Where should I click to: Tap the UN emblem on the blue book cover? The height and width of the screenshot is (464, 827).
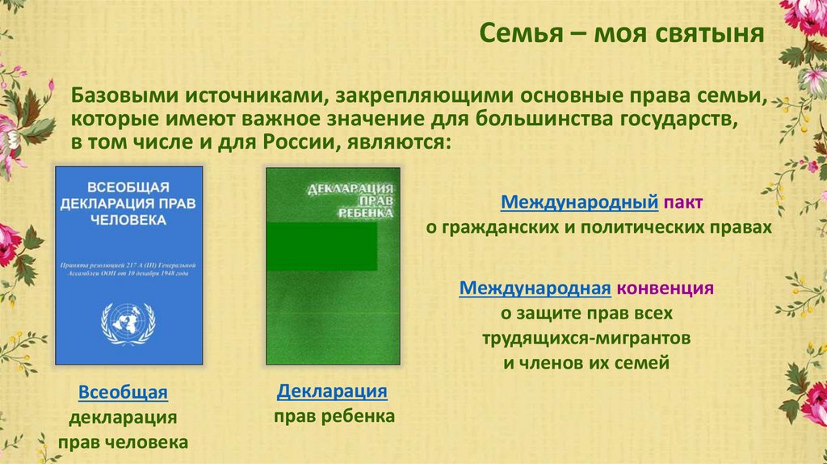click(128, 323)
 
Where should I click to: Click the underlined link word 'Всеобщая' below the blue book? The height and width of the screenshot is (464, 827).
click(123, 393)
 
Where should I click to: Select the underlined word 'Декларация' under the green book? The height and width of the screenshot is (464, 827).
click(332, 392)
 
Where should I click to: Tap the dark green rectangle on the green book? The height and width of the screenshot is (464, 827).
click(322, 247)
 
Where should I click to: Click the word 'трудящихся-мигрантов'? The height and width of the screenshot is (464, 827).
click(586, 337)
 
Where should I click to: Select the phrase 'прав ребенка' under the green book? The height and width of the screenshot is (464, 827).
click(333, 417)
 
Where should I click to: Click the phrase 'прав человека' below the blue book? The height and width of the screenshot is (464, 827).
click(123, 443)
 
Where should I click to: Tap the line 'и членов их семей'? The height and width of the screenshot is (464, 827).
click(586, 362)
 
